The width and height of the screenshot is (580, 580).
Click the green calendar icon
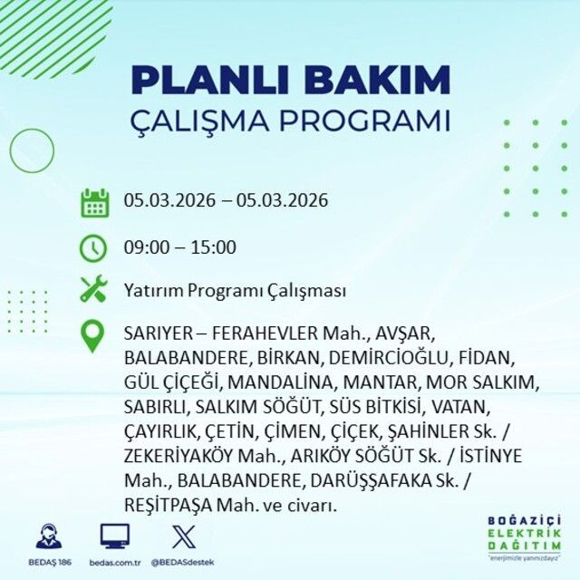94,202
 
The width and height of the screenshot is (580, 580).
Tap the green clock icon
94,246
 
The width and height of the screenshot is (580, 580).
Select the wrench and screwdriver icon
94,290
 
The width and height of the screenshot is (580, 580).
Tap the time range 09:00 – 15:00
180,246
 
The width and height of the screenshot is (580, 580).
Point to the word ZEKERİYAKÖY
179,455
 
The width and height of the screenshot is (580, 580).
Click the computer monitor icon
114,536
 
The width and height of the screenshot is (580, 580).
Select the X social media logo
183,536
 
